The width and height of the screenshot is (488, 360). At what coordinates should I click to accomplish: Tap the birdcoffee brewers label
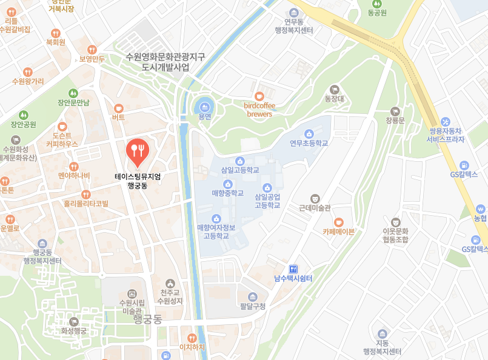pos(259,109)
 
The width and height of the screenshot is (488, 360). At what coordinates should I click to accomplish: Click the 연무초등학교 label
pos(309,144)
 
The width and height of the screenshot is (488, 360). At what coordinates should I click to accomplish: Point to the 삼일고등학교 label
pos(240,170)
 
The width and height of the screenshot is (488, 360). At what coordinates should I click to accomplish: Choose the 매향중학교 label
pos(227,193)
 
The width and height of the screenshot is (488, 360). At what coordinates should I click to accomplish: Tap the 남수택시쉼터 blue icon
pos(293,268)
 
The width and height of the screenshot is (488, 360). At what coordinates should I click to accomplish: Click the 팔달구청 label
pos(253,306)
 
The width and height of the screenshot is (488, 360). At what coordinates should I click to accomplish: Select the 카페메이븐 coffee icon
pos(338,221)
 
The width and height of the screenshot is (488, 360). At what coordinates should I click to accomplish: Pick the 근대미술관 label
pos(315,207)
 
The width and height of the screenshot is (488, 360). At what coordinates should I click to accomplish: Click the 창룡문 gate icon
pos(395,111)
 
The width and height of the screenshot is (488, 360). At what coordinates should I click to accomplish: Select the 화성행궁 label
pos(74,331)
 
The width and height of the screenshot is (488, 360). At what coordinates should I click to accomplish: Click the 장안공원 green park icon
pos(24,115)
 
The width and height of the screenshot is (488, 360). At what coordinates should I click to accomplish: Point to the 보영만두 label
pos(92,59)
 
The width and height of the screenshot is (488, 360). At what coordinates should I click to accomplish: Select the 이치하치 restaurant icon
pos(192,338)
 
